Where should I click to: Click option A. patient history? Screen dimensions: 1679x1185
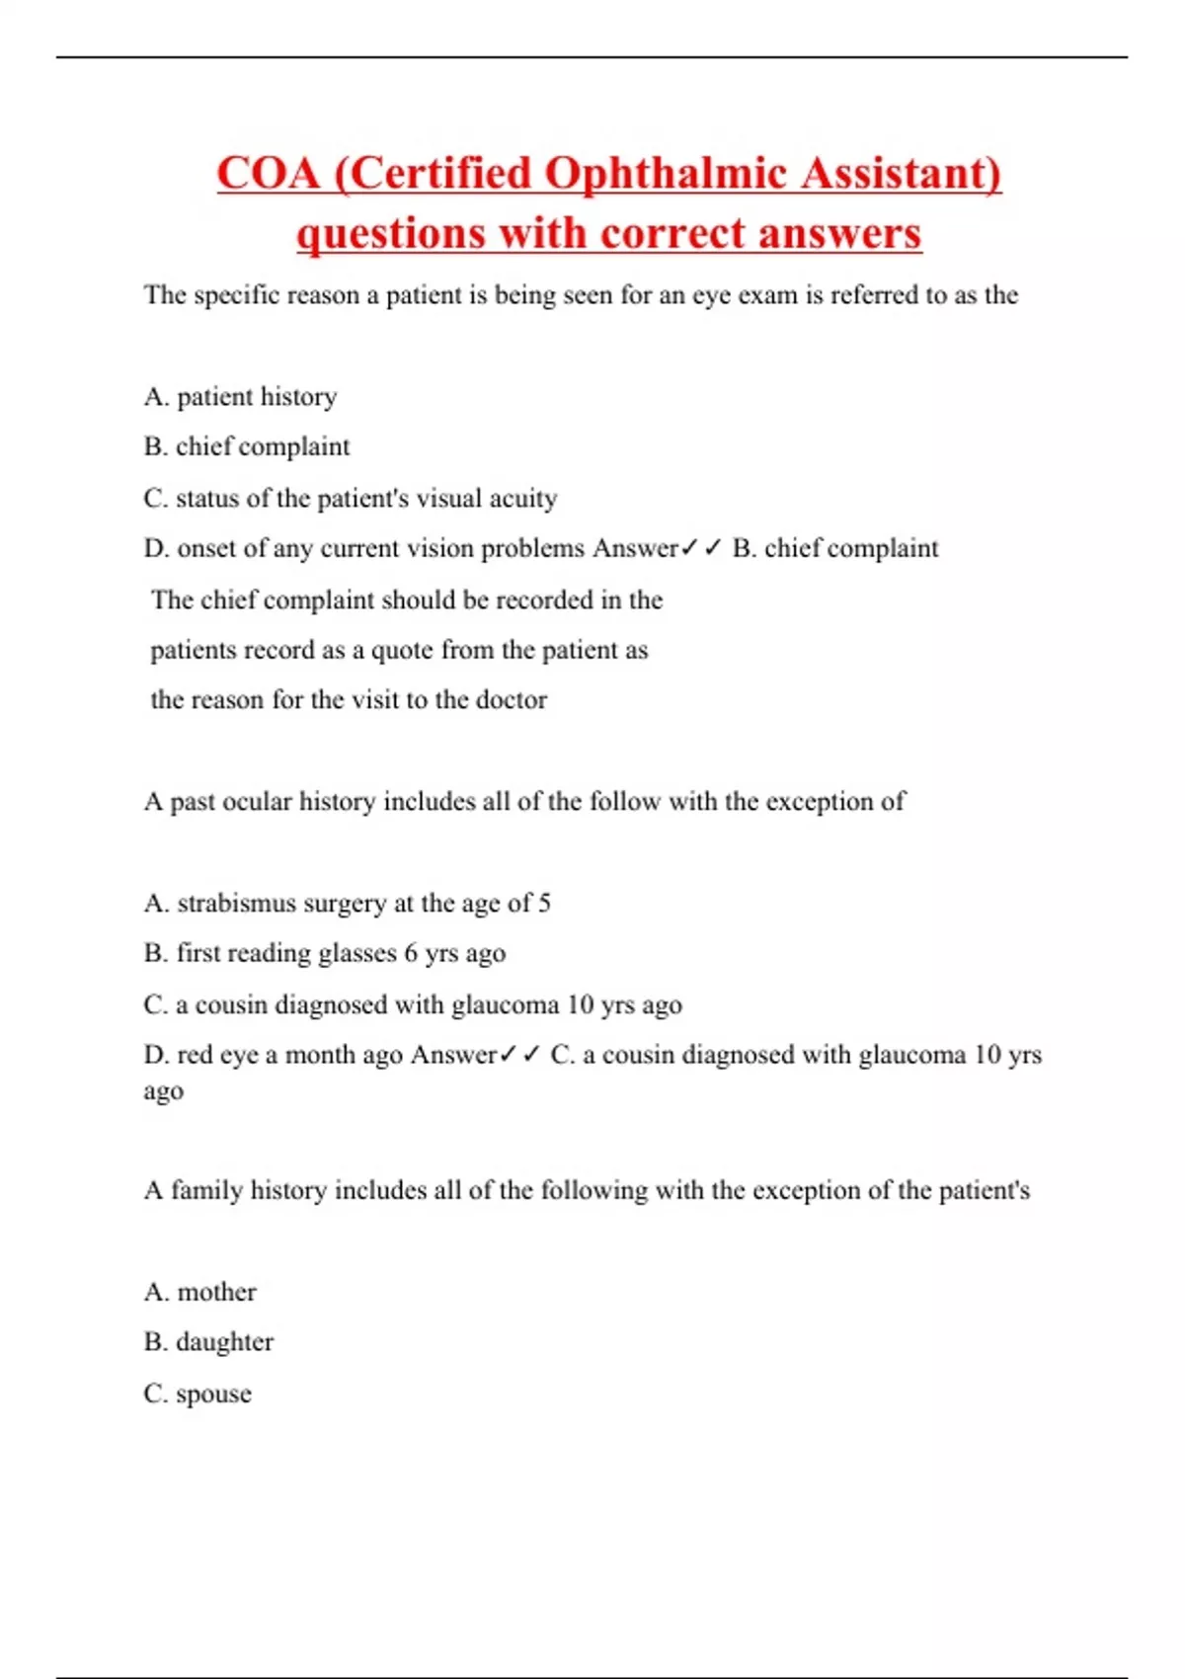click(x=240, y=397)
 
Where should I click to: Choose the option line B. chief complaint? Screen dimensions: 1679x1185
click(x=247, y=447)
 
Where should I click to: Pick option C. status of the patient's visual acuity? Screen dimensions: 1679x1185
click(x=351, y=499)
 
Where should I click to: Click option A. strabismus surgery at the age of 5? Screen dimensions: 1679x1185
click(x=347, y=904)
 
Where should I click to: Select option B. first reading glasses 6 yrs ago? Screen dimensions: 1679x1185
click(x=324, y=954)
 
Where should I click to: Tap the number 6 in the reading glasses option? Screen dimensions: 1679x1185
click(x=411, y=954)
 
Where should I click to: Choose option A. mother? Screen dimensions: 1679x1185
click(x=199, y=1293)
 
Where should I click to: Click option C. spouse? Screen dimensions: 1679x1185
click(x=197, y=1395)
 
